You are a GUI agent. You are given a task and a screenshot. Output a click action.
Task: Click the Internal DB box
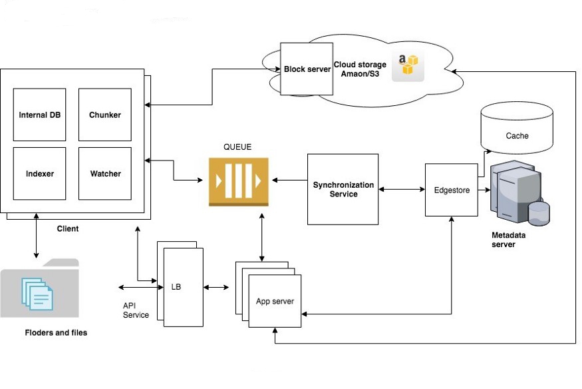[39, 115]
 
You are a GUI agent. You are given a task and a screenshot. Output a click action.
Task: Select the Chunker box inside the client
[105, 115]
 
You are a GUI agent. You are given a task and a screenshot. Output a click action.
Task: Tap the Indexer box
[39, 173]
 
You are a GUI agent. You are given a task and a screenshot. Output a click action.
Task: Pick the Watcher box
[105, 173]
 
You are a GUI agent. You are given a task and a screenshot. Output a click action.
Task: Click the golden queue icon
[238, 181]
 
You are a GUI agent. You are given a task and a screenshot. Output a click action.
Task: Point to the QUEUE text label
[238, 147]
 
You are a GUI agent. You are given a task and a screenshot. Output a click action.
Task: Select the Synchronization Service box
[343, 189]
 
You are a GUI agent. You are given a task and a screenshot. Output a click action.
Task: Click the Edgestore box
[452, 190]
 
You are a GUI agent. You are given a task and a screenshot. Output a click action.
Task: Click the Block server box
[307, 69]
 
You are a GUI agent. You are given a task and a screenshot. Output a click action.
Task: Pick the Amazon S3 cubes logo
[407, 67]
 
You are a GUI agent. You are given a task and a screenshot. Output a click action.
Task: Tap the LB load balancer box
[182, 287]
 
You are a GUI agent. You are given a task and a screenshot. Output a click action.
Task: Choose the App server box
[275, 300]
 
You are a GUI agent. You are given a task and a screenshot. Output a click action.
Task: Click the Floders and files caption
[56, 332]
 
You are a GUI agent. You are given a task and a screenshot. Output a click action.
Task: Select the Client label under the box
[67, 228]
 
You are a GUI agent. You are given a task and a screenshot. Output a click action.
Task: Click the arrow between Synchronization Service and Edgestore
[402, 190]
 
